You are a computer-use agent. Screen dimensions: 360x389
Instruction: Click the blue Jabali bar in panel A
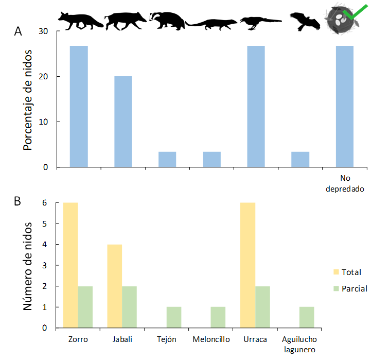tap(123, 122)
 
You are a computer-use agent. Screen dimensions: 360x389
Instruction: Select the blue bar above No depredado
tap(345, 106)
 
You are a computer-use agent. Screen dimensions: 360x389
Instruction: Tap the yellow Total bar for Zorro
tap(70, 265)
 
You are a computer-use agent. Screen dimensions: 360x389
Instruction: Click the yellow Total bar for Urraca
tap(247, 265)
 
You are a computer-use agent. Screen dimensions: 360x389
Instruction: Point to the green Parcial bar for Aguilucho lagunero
tap(307, 317)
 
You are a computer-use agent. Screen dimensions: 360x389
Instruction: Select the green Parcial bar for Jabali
tap(130, 307)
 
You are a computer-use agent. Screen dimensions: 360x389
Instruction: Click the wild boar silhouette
tap(125, 21)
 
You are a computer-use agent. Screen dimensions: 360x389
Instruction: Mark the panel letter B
tap(17, 201)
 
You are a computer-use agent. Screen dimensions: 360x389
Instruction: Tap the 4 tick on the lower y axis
tap(45, 245)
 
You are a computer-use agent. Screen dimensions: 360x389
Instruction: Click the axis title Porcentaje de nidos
tap(28, 100)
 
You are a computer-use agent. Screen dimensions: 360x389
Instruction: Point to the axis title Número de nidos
tap(28, 266)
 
